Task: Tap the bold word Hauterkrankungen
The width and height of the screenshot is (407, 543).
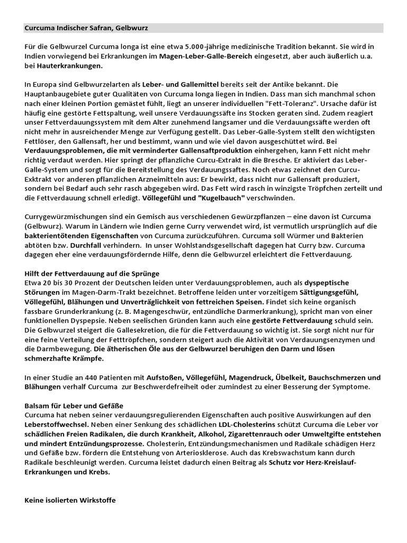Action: pyautogui.click(x=77, y=66)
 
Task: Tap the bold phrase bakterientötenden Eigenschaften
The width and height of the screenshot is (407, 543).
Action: pyautogui.click(x=82, y=236)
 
